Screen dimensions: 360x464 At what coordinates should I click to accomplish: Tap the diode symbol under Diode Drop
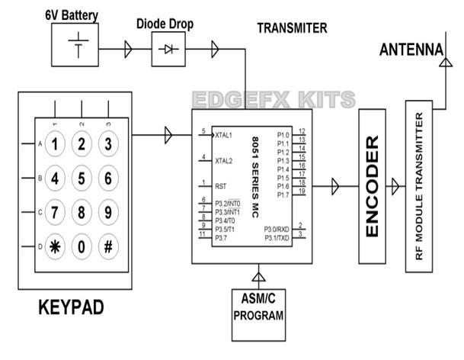pyautogui.click(x=168, y=50)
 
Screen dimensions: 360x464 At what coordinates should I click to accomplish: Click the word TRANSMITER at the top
pyautogui.click(x=292, y=28)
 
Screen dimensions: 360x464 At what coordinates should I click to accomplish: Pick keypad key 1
pyautogui.click(x=54, y=143)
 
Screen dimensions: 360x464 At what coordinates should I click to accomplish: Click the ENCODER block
pyautogui.click(x=372, y=187)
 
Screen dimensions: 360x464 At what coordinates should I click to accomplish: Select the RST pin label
pyautogui.click(x=220, y=185)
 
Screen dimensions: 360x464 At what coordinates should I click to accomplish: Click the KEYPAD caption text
pyautogui.click(x=70, y=309)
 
